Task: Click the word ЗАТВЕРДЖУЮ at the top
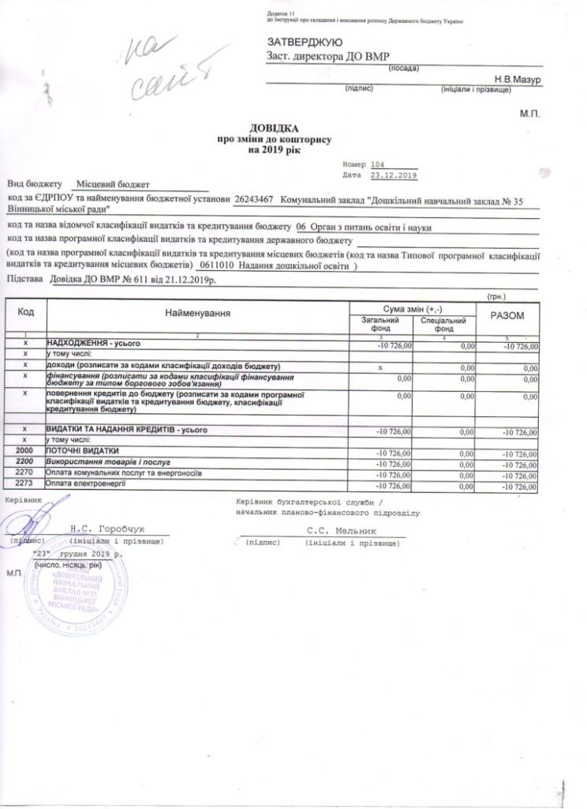304,41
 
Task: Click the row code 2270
26,472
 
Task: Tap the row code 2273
26,483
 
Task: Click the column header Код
25,314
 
